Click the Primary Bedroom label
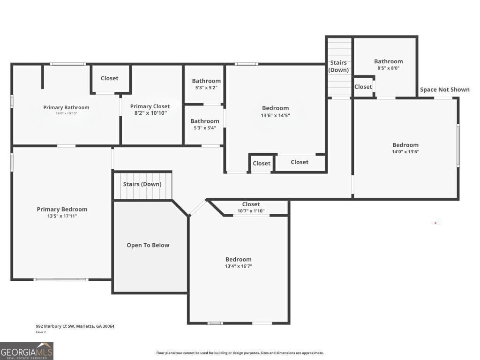point(62,210)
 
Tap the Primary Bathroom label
point(66,107)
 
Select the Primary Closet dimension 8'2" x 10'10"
point(150,113)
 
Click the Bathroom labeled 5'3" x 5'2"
point(206,81)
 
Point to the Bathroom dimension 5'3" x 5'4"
point(204,128)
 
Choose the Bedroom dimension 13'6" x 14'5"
point(275,115)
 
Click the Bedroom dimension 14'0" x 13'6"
point(405,151)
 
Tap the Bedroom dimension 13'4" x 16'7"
point(238,266)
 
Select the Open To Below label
point(148,245)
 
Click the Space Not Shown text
point(444,90)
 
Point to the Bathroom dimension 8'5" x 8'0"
point(388,68)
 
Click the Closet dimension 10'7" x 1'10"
point(251,210)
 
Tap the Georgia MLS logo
point(27,351)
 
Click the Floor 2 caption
point(41,332)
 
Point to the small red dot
point(435,223)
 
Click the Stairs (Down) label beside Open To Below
point(142,184)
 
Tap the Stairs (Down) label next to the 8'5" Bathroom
point(338,66)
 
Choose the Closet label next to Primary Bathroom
point(109,78)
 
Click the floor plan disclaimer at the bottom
point(240,353)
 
